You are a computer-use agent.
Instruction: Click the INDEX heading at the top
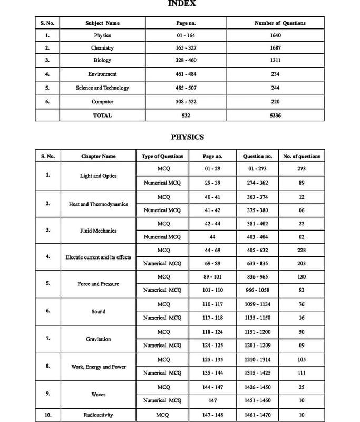182,3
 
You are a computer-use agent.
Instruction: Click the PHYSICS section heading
187,137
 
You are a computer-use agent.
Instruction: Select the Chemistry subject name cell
102,48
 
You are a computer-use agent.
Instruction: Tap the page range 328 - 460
186,61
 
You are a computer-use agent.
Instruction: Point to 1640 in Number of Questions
275,35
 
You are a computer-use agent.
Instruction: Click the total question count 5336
275,115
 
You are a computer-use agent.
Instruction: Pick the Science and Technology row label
102,88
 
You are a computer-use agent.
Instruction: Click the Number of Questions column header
280,23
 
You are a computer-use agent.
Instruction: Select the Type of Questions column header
163,156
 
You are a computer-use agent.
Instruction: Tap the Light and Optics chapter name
98,176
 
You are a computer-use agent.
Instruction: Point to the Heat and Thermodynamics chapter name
98,204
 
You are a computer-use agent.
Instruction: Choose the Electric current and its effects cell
98,257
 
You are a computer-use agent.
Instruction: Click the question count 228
301,250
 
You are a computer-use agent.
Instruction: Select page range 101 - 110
213,290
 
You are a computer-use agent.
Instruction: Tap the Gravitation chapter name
98,339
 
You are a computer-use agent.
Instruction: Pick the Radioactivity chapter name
98,415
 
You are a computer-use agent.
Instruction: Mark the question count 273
301,169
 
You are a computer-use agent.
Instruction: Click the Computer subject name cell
102,101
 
